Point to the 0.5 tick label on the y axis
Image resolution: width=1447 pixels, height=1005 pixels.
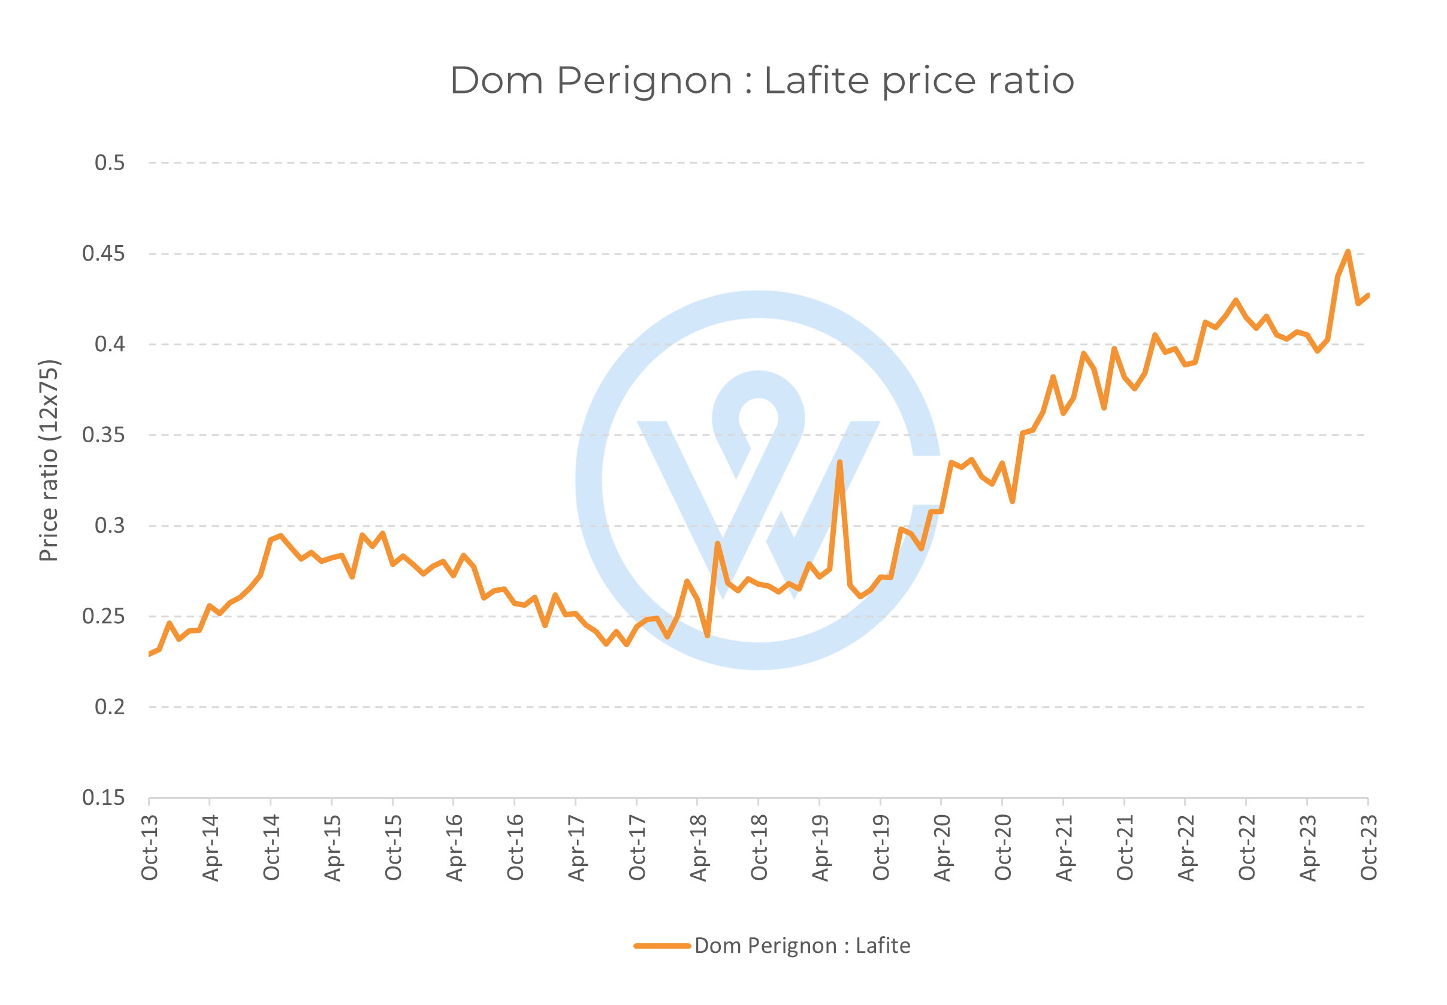[110, 163]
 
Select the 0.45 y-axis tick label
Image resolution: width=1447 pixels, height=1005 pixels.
[103, 253]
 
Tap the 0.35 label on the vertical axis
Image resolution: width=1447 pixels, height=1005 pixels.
[103, 435]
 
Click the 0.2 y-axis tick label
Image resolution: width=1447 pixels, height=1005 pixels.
[110, 707]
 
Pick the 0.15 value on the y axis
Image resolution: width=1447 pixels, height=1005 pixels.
[103, 798]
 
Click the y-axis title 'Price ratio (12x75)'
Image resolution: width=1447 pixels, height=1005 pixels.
[49, 460]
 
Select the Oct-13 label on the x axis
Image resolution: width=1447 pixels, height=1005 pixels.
[150, 847]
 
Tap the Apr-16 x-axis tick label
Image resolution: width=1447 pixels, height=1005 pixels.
[454, 847]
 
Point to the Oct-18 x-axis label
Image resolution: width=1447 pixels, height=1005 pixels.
[759, 847]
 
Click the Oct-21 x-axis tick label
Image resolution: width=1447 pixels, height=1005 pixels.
[1125, 847]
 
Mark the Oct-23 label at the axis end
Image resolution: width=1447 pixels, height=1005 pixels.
[1369, 847]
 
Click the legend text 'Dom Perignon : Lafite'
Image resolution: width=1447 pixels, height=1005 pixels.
[802, 946]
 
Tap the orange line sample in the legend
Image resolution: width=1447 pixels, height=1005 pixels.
[662, 946]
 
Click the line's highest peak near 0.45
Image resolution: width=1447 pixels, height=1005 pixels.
[1348, 252]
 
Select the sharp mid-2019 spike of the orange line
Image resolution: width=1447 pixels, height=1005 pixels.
[839, 462]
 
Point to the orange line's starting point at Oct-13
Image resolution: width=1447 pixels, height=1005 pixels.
[150, 654]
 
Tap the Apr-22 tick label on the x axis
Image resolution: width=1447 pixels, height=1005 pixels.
[1186, 847]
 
